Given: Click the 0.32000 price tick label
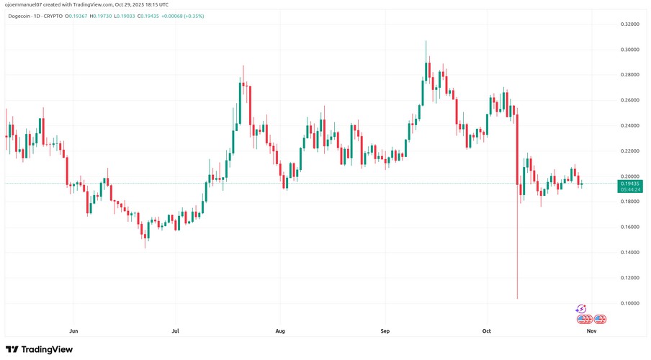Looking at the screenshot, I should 631,24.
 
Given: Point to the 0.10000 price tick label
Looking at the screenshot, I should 631,303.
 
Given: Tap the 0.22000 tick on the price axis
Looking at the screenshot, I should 631,151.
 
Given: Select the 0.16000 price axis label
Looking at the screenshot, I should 631,227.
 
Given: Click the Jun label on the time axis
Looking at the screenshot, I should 73,332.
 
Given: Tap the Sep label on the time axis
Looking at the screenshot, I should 385,332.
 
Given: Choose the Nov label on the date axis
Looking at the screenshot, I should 591,332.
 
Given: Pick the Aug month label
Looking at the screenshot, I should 280,332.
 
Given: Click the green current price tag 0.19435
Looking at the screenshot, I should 631,184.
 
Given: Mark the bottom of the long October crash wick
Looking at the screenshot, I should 518,299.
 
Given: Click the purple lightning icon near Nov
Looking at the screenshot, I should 581,309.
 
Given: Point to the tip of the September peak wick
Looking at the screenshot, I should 426,42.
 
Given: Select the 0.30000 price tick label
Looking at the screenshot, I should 631,50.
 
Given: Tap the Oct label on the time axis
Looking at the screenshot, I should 486,332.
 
